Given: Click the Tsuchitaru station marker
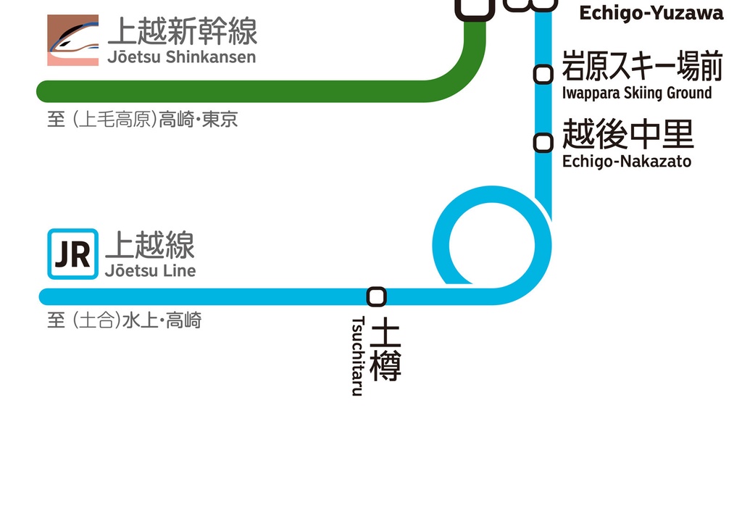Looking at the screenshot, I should [377, 296].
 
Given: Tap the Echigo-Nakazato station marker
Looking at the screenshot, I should [543, 143].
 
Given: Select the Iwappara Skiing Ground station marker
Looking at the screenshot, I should [543, 74].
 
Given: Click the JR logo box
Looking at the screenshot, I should [72, 254].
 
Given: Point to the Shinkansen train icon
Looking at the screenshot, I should [72, 41].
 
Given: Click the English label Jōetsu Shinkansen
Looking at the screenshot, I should [181, 57].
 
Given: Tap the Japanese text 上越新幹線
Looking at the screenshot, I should [182, 32].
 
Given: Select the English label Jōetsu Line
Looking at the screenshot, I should [150, 271].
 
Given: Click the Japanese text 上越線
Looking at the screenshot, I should [150, 246].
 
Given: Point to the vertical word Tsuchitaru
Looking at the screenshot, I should [357, 356].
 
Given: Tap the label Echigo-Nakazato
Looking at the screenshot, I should [627, 162].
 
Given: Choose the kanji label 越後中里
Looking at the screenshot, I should [628, 134].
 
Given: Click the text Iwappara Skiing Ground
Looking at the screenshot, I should [637, 93].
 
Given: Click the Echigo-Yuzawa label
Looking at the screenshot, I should [651, 13].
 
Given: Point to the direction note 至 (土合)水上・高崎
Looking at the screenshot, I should [124, 320].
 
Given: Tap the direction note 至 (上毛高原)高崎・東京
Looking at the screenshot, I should [142, 120].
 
